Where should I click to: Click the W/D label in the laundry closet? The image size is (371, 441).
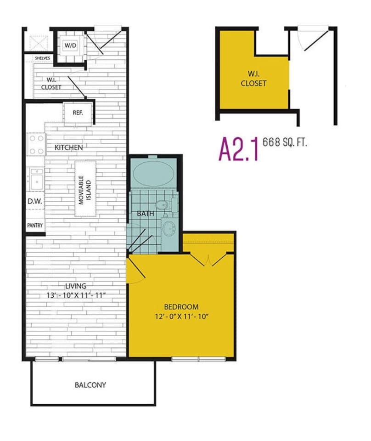70,45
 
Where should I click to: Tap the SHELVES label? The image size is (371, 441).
43,58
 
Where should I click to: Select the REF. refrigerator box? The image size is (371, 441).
78,113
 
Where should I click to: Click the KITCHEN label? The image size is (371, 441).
68,147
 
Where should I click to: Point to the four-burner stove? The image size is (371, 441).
36,144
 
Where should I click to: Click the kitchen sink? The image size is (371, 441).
36,179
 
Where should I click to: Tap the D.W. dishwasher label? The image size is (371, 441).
34,201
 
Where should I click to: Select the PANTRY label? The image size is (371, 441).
35,225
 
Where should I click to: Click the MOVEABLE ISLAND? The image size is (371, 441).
85,188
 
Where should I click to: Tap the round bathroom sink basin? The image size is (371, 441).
169,228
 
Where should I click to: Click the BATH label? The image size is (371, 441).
145,214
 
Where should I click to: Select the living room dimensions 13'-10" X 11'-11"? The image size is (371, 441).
76,295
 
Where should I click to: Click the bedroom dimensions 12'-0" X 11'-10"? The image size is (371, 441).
181,317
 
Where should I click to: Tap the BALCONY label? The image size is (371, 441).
90,385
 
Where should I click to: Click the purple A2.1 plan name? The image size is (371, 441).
238,149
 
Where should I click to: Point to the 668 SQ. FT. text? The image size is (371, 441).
284,142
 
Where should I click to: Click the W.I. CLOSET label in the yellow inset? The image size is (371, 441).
253,79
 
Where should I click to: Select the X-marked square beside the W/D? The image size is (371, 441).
38,43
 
